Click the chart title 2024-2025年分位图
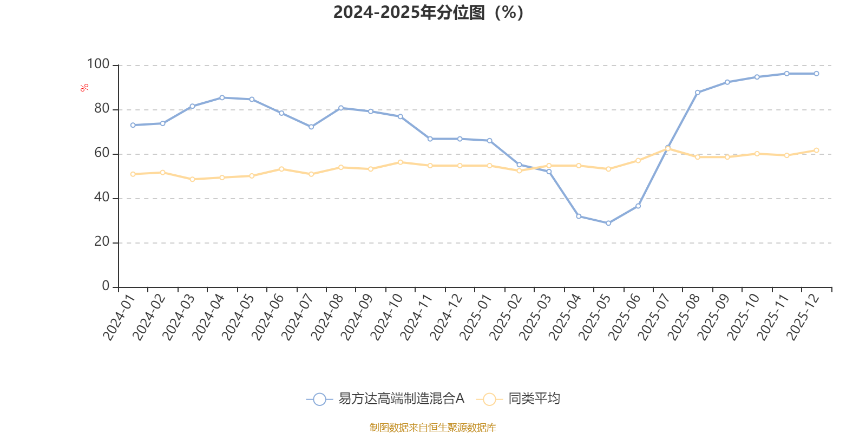[x=428, y=12]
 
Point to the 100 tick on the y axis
[x=98, y=64]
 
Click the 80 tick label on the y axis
[x=101, y=109]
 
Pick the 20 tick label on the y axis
[x=101, y=242]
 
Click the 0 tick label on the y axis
[x=106, y=286]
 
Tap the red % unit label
[x=84, y=88]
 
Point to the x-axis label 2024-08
[x=326, y=317]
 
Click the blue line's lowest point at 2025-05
[x=608, y=223]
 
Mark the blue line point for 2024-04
[x=222, y=97]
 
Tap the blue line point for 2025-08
[x=698, y=93]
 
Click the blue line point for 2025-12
[x=816, y=74]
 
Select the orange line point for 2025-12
[x=816, y=150]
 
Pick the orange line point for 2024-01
[x=133, y=174]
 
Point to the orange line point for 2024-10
[x=401, y=162]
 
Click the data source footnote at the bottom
[x=432, y=428]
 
